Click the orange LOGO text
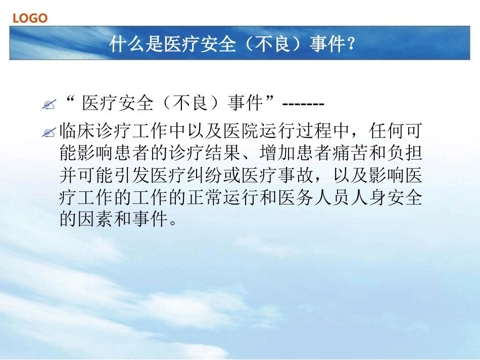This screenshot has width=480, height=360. (30, 19)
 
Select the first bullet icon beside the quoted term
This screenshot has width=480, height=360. (49, 105)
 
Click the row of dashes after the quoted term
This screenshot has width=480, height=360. (303, 105)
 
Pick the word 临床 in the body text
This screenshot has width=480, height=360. (77, 131)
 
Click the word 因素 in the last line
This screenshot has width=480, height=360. (95, 220)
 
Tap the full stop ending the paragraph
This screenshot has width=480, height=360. (174, 223)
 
